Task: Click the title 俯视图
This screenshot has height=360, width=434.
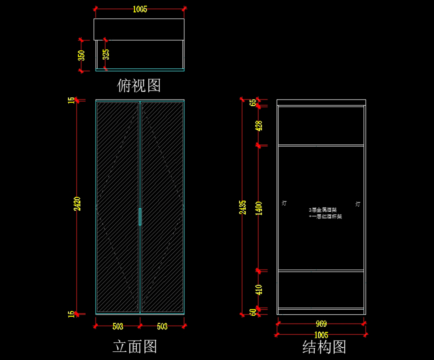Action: coord(139,86)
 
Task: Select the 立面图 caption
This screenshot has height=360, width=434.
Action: coord(135,346)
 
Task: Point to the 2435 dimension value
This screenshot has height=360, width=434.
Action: coord(243,207)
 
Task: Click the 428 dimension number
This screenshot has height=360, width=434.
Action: coord(259,126)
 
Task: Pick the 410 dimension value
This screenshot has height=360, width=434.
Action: coord(259,289)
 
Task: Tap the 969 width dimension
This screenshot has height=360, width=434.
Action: coord(321,324)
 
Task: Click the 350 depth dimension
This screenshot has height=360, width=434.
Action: coord(81,55)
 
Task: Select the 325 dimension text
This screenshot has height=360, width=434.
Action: coord(106,54)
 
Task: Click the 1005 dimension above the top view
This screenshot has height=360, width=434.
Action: coord(140,9)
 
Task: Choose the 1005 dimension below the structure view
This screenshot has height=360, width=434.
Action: coord(321,335)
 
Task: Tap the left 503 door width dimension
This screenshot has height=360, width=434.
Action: coord(118,326)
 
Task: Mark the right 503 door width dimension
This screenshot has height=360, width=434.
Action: coord(162,326)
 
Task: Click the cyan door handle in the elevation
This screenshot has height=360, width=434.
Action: coord(140,216)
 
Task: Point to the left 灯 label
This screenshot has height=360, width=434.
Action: coord(284,203)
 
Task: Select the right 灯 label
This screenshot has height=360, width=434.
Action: coord(358,204)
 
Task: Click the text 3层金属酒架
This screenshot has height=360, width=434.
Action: coord(323,210)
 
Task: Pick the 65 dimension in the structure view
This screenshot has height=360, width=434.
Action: coord(253,102)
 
